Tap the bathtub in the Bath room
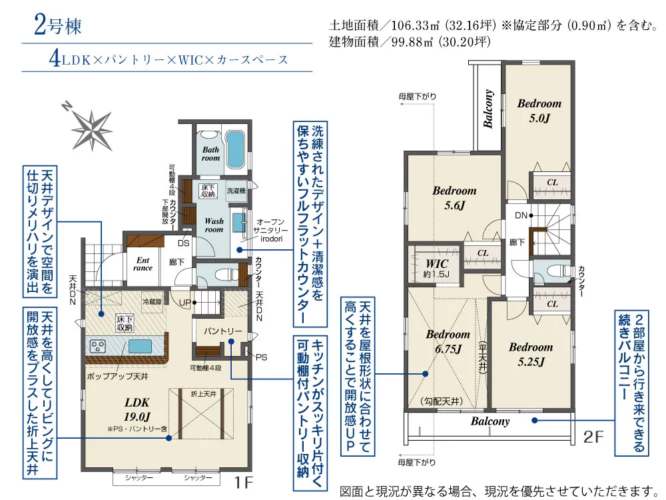coord(234,149)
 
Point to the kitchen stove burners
coord(99,345)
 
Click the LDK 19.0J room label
coord(137,409)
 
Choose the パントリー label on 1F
coord(222,331)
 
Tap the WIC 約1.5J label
coord(437,268)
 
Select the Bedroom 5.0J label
coord(539,111)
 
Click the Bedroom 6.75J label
coord(448,341)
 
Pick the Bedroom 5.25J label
coord(531,354)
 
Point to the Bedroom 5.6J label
coord(454,198)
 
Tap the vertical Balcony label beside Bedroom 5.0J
coord(488,109)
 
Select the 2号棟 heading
coord(57,25)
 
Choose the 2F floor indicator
coord(593,437)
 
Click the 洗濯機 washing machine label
coord(236,191)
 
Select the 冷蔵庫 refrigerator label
coord(152,302)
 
